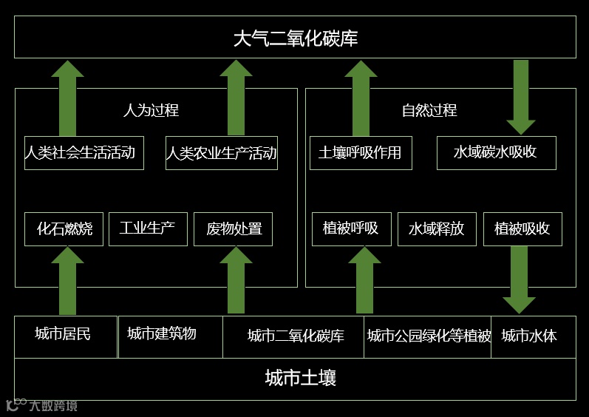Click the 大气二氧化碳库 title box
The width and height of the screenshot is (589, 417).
tap(295, 38)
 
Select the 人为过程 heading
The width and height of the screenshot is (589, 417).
tap(151, 111)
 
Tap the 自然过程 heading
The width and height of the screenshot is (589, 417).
tap(429, 111)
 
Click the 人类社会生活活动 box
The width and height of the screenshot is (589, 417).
tap(84, 153)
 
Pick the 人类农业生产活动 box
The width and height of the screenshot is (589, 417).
tap(221, 153)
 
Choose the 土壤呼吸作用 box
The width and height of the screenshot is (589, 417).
tap(360, 153)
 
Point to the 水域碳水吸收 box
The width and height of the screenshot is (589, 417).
tap(496, 153)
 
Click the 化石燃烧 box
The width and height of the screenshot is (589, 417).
tap(64, 229)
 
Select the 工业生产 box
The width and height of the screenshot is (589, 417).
tap(147, 228)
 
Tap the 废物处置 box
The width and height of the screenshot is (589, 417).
tap(234, 229)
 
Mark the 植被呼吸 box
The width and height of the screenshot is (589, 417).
tap(351, 229)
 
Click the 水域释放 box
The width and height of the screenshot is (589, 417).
tap(436, 229)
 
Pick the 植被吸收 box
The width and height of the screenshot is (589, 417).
tap(522, 229)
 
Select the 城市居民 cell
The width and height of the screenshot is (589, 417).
tap(64, 335)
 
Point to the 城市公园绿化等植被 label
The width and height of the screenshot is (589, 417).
tap(429, 336)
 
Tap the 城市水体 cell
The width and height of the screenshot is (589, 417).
tap(529, 336)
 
